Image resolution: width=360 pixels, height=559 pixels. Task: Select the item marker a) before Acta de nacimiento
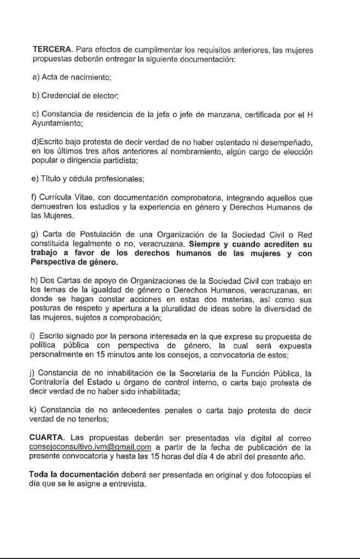point(36,78)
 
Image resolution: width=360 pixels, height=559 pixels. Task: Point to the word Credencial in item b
point(60,96)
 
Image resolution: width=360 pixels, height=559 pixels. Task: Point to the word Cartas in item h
point(73,280)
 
